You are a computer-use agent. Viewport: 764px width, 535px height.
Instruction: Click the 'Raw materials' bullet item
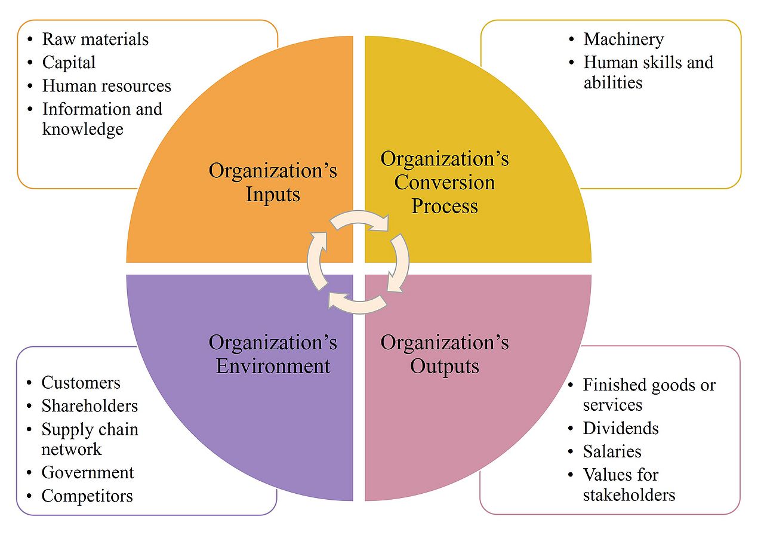(x=95, y=39)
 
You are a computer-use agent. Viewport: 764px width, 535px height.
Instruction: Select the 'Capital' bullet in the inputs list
(x=69, y=63)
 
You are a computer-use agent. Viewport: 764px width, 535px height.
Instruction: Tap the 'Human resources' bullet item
(x=106, y=86)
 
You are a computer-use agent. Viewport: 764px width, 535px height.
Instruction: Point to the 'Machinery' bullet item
(x=623, y=39)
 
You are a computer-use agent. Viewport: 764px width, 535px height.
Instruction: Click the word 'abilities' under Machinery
(x=612, y=82)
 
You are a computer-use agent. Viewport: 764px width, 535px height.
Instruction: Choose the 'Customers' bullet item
(x=81, y=383)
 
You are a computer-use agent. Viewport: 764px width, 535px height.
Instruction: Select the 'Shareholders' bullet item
(x=89, y=406)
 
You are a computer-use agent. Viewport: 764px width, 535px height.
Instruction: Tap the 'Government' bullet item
(x=87, y=473)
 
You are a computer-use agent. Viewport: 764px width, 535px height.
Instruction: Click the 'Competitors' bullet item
(x=87, y=496)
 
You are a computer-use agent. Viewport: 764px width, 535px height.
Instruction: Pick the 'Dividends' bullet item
(x=621, y=429)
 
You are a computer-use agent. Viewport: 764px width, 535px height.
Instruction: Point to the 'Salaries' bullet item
(x=612, y=452)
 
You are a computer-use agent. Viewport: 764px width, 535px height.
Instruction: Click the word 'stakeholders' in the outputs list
(x=629, y=495)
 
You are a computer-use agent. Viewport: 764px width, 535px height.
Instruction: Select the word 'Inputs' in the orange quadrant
(x=273, y=195)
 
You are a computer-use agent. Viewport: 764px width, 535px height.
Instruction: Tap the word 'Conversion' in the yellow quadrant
(x=445, y=182)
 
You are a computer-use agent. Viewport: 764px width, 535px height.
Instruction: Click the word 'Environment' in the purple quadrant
(x=273, y=366)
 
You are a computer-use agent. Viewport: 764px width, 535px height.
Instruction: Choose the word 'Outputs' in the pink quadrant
(x=445, y=366)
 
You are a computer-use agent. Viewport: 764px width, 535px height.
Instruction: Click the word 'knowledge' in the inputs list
(x=82, y=129)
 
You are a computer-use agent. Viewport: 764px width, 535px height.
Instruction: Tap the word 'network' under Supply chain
(x=71, y=449)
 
